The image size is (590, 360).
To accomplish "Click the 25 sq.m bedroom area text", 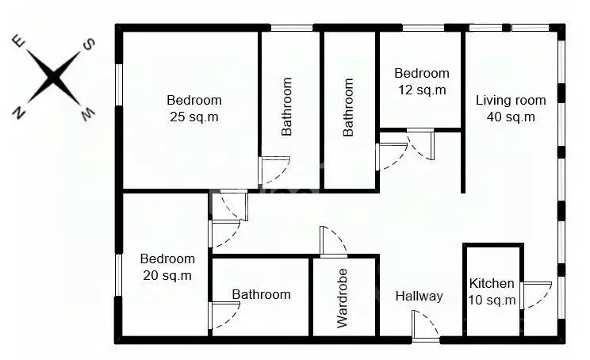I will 193,117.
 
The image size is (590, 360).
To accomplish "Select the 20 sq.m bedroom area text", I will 167,275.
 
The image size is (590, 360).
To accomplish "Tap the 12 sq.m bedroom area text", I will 421,90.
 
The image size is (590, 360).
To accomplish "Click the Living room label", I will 511,100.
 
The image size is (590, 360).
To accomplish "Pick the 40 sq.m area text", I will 511,117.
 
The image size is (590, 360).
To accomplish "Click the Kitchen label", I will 492,283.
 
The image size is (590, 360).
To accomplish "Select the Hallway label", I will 419,297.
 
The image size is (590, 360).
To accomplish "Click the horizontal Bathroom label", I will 261,294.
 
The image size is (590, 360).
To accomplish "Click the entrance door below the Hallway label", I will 425,327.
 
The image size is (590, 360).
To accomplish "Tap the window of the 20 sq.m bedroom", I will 120,274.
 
